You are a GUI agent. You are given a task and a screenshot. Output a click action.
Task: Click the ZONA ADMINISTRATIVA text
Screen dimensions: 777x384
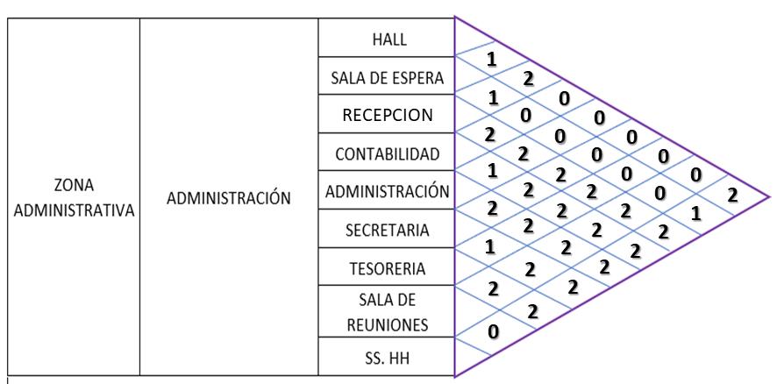(x=74, y=198)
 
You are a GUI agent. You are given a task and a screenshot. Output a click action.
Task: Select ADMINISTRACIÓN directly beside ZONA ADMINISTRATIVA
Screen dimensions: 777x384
(x=229, y=199)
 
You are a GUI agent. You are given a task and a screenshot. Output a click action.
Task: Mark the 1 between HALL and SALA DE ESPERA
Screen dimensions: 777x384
(x=492, y=60)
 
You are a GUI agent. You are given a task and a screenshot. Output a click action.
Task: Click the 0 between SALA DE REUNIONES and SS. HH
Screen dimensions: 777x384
(x=492, y=331)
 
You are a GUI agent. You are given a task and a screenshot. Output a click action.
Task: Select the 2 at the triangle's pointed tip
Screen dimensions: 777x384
(x=732, y=195)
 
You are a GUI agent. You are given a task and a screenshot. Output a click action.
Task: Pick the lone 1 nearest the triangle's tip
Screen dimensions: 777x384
(x=695, y=213)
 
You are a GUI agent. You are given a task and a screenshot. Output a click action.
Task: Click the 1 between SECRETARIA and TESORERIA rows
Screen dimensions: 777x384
(x=492, y=247)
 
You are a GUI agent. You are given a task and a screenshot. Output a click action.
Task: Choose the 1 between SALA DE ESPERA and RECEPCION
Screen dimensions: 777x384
(x=492, y=98)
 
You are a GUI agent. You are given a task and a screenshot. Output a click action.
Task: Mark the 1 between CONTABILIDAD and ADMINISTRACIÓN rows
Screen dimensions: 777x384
(x=492, y=173)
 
